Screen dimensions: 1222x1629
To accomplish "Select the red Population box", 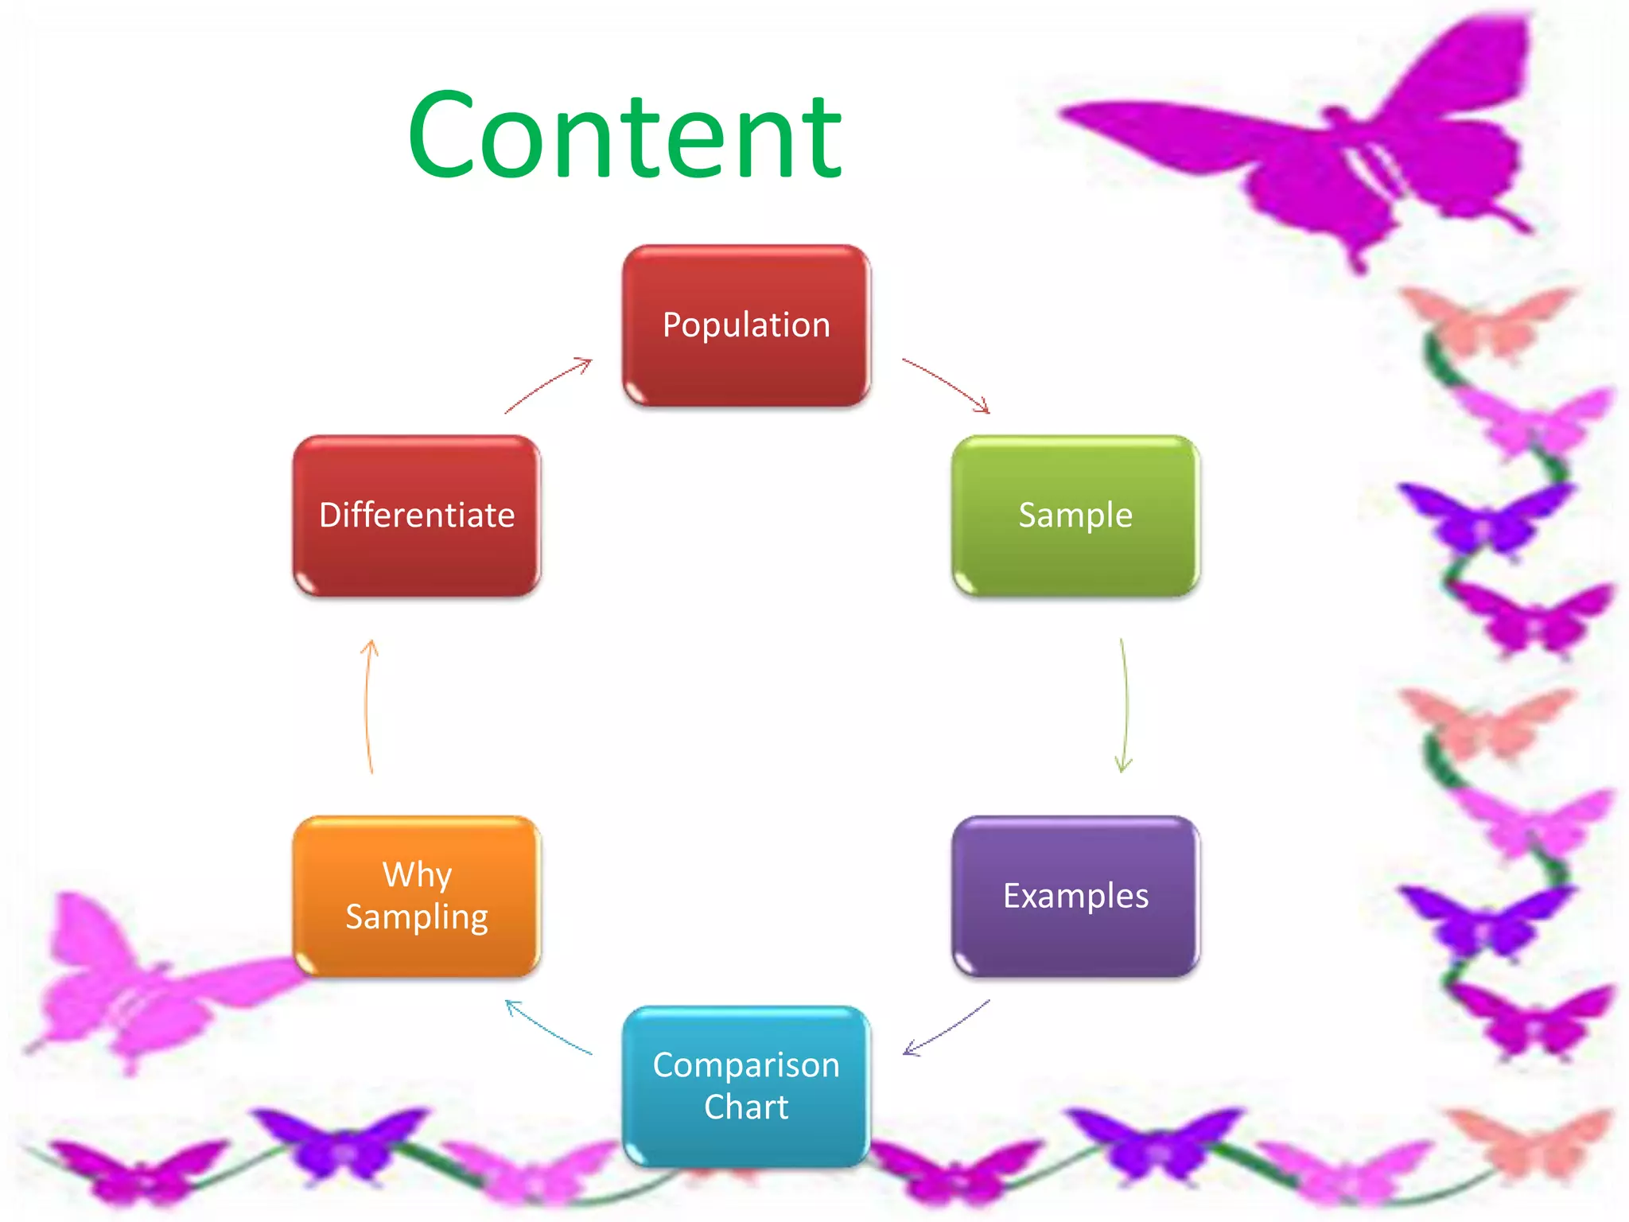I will coord(746,325).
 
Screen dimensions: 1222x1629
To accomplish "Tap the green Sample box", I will coord(1075,516).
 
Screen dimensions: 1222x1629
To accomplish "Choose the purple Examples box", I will coord(1075,897).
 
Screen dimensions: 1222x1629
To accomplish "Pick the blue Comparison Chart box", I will coord(746,1086).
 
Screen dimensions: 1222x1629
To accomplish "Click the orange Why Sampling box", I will coord(417,897).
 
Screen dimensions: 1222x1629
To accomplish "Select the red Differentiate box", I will coord(417,516).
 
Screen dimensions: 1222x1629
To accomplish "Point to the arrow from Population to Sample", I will coord(947,383).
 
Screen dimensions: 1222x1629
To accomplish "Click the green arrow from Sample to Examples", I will coord(1126,705).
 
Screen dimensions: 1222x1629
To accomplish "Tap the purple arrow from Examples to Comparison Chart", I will coord(947,1029).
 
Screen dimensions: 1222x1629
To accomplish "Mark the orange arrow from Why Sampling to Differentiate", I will coord(367,705).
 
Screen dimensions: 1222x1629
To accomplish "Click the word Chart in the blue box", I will coord(746,1107).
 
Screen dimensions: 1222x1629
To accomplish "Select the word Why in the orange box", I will coord(417,875).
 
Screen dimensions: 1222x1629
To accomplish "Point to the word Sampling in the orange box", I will coord(417,917).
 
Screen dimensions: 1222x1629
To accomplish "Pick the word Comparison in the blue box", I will coord(746,1065).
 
